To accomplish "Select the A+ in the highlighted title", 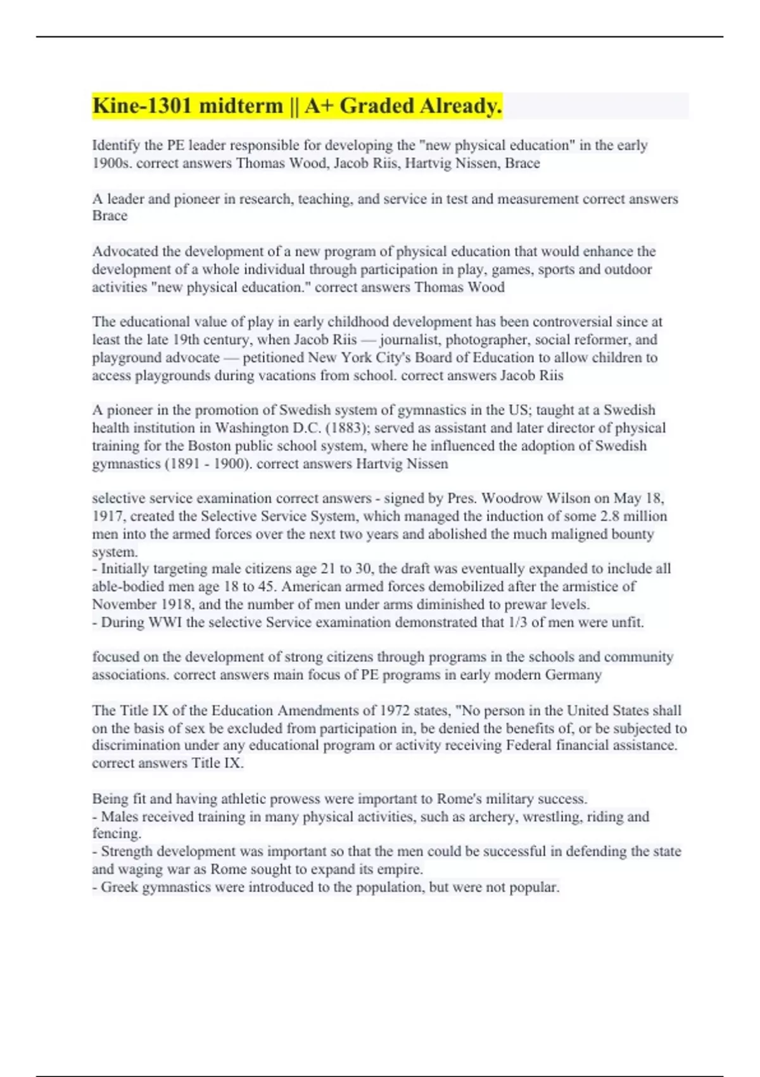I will (x=319, y=106).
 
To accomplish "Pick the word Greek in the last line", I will (x=120, y=887).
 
